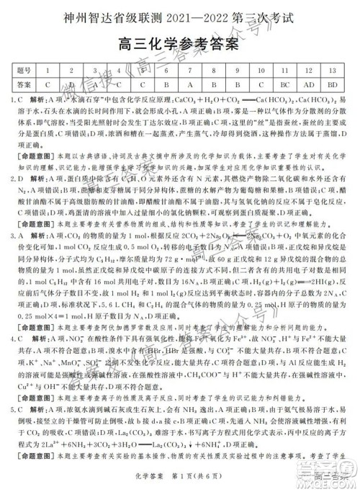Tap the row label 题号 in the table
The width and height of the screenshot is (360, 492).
point(24,71)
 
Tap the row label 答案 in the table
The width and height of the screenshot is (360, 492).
point(24,84)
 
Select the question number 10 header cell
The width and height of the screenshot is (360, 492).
point(261,71)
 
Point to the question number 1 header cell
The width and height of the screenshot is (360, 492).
point(48,71)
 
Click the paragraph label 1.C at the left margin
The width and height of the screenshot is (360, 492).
point(17,99)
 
